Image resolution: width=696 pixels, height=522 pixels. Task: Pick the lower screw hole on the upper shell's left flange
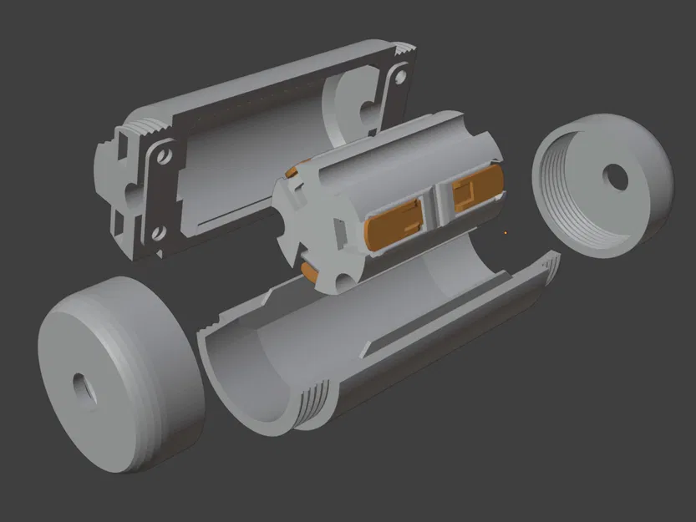[156, 234]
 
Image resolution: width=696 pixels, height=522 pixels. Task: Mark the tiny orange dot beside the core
[505, 233]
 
